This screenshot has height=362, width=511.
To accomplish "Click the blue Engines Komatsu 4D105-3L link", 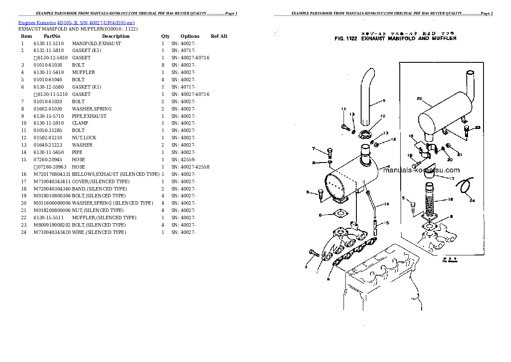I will [77, 23].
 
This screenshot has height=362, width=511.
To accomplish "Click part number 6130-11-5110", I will [49, 43].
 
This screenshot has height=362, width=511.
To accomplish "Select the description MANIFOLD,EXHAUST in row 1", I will [96, 43].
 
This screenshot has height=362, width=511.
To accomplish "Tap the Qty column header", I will [165, 36].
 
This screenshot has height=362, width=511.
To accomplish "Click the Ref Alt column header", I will [219, 36].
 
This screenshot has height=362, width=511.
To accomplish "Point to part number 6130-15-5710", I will [49, 116].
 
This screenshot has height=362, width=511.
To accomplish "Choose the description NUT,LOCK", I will [84, 138].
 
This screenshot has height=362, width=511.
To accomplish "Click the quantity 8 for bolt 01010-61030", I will [163, 65].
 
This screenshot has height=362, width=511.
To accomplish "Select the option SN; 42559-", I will [183, 160].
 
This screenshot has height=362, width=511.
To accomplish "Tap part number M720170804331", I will [52, 174].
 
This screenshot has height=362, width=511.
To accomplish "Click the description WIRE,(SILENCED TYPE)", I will [99, 232].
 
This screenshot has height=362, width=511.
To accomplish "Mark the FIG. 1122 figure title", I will [395, 38].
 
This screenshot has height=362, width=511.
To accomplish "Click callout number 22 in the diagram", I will [419, 98].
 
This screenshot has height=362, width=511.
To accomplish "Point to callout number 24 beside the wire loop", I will [472, 200].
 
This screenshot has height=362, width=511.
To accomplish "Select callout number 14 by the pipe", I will [386, 204].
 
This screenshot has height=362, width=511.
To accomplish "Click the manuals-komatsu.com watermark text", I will [421, 170].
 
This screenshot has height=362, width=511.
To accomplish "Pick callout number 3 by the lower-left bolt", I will [306, 267].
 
